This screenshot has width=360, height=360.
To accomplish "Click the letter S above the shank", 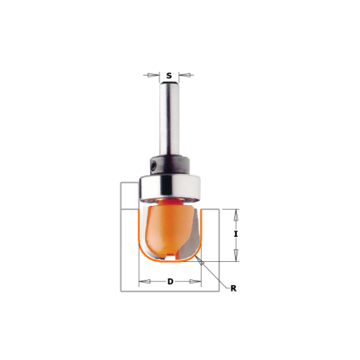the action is tap(169, 76).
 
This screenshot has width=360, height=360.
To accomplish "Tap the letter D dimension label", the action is tap(170, 282).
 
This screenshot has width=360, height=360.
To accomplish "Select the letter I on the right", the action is tap(236, 235).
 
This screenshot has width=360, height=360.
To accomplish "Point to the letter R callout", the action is tap(233, 289).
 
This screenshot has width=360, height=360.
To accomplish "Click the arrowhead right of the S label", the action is tap(184, 75).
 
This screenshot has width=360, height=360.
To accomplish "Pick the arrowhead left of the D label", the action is tap(145, 282).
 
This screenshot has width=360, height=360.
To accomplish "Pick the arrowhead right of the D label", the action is tap(195, 282).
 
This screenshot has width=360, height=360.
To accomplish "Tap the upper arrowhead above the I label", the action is tap(236, 215).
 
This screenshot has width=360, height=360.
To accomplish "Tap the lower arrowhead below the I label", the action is tap(236, 256).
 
